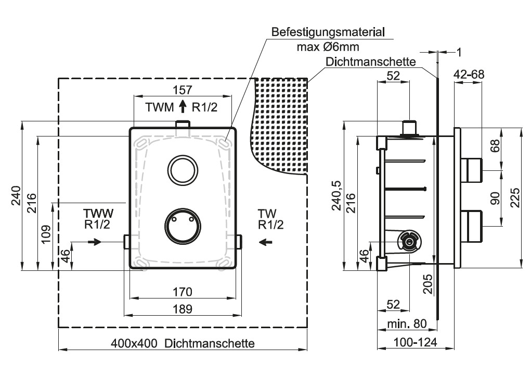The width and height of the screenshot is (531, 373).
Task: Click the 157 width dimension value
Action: [183, 90]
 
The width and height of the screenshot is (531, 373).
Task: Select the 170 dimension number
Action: [183, 292]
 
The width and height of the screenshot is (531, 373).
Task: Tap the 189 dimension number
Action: [183, 309]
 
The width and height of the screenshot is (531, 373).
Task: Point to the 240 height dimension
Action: [16, 196]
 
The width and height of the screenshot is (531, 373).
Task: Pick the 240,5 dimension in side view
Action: [336, 196]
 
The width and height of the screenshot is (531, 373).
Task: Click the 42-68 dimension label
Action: [469, 74]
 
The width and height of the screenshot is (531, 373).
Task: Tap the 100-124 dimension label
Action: [415, 342]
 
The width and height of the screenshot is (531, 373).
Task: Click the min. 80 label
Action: [407, 324]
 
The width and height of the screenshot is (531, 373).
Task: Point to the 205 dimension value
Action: [429, 284]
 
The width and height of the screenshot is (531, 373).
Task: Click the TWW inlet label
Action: [98, 213]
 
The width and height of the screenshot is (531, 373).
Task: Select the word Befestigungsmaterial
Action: [328, 32]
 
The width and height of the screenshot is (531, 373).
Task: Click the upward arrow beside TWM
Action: [183, 106]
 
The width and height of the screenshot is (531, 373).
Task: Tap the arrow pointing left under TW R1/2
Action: [266, 242]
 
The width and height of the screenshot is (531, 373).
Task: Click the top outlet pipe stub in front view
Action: [183, 124]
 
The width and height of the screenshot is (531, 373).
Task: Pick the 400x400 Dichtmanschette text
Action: [183, 343]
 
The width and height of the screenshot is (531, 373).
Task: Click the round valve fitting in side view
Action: [409, 241]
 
